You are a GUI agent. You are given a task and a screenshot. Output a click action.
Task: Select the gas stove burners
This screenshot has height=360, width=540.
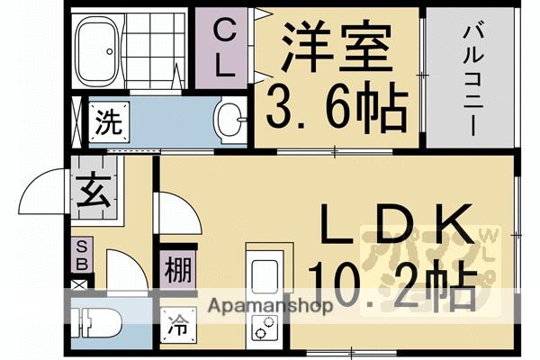coord(265,328)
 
